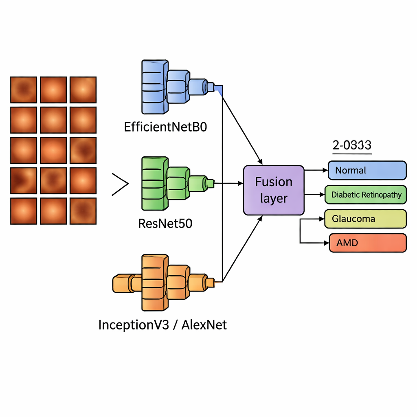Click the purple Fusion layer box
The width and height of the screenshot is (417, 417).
(x=273, y=190)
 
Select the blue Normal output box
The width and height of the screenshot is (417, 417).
(x=367, y=170)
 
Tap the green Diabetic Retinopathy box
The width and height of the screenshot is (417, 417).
(x=366, y=195)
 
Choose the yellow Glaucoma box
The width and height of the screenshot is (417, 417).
(x=365, y=219)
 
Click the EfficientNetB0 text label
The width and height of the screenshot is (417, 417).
(x=166, y=127)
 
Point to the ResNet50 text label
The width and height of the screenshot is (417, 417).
(x=166, y=223)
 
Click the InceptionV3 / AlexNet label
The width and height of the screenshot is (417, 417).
(x=162, y=325)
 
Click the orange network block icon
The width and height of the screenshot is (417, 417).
(x=163, y=282)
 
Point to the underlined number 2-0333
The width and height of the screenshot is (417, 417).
(x=352, y=145)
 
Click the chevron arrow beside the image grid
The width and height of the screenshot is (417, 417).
(x=120, y=184)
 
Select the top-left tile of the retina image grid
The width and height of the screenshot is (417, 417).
(x=23, y=90)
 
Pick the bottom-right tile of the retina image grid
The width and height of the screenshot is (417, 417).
(x=83, y=211)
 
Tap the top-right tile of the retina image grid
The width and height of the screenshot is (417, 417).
(x=83, y=90)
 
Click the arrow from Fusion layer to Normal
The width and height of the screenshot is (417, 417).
(x=316, y=170)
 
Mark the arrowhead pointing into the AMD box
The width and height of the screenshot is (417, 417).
(x=325, y=243)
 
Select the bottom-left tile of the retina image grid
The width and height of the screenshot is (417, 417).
(x=23, y=211)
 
